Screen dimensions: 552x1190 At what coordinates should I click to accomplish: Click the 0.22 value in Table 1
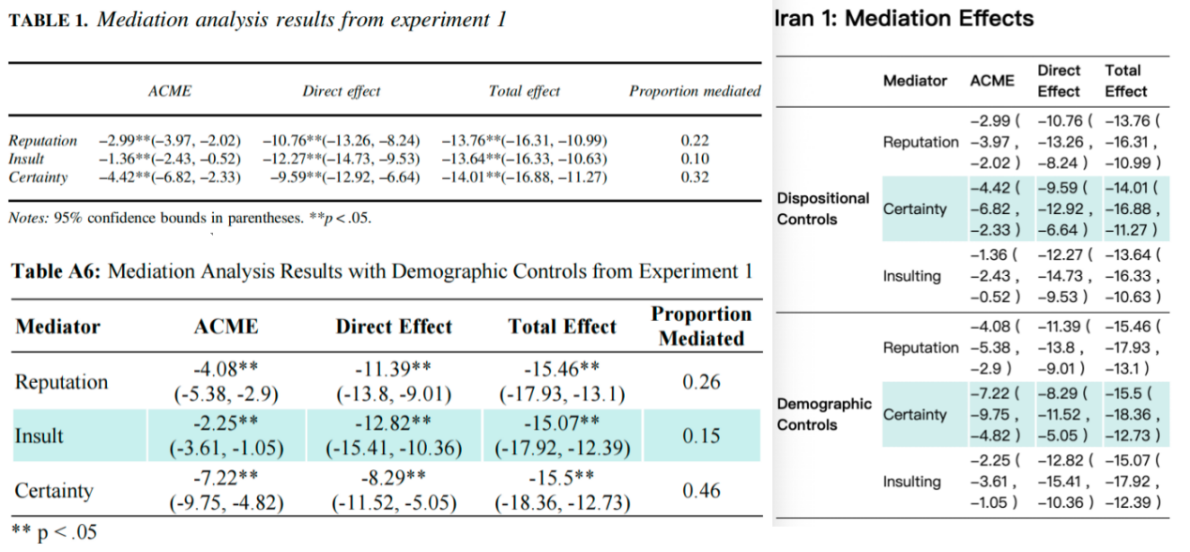694,141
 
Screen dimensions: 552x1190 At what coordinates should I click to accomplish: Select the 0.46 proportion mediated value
701,490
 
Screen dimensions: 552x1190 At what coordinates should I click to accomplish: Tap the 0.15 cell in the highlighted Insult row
701,436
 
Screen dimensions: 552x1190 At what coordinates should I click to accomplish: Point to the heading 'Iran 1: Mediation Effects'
906,19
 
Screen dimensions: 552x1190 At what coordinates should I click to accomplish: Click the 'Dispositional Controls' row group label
823,208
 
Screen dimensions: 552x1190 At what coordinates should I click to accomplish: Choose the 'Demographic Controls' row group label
824,414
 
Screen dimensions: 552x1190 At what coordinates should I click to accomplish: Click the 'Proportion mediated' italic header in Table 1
694,91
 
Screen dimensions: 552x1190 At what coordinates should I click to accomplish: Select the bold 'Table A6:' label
57,272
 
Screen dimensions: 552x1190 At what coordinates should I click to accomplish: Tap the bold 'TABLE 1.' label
49,22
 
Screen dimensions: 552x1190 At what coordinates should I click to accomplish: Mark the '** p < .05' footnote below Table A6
53,533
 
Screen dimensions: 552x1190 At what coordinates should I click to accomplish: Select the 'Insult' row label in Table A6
39,436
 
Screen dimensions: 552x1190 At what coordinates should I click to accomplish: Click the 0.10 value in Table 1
694,159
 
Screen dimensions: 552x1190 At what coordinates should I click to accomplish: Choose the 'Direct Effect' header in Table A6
393,327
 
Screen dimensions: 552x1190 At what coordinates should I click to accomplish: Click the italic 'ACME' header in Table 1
170,91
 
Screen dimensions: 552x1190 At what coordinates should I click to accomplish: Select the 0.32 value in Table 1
694,177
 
